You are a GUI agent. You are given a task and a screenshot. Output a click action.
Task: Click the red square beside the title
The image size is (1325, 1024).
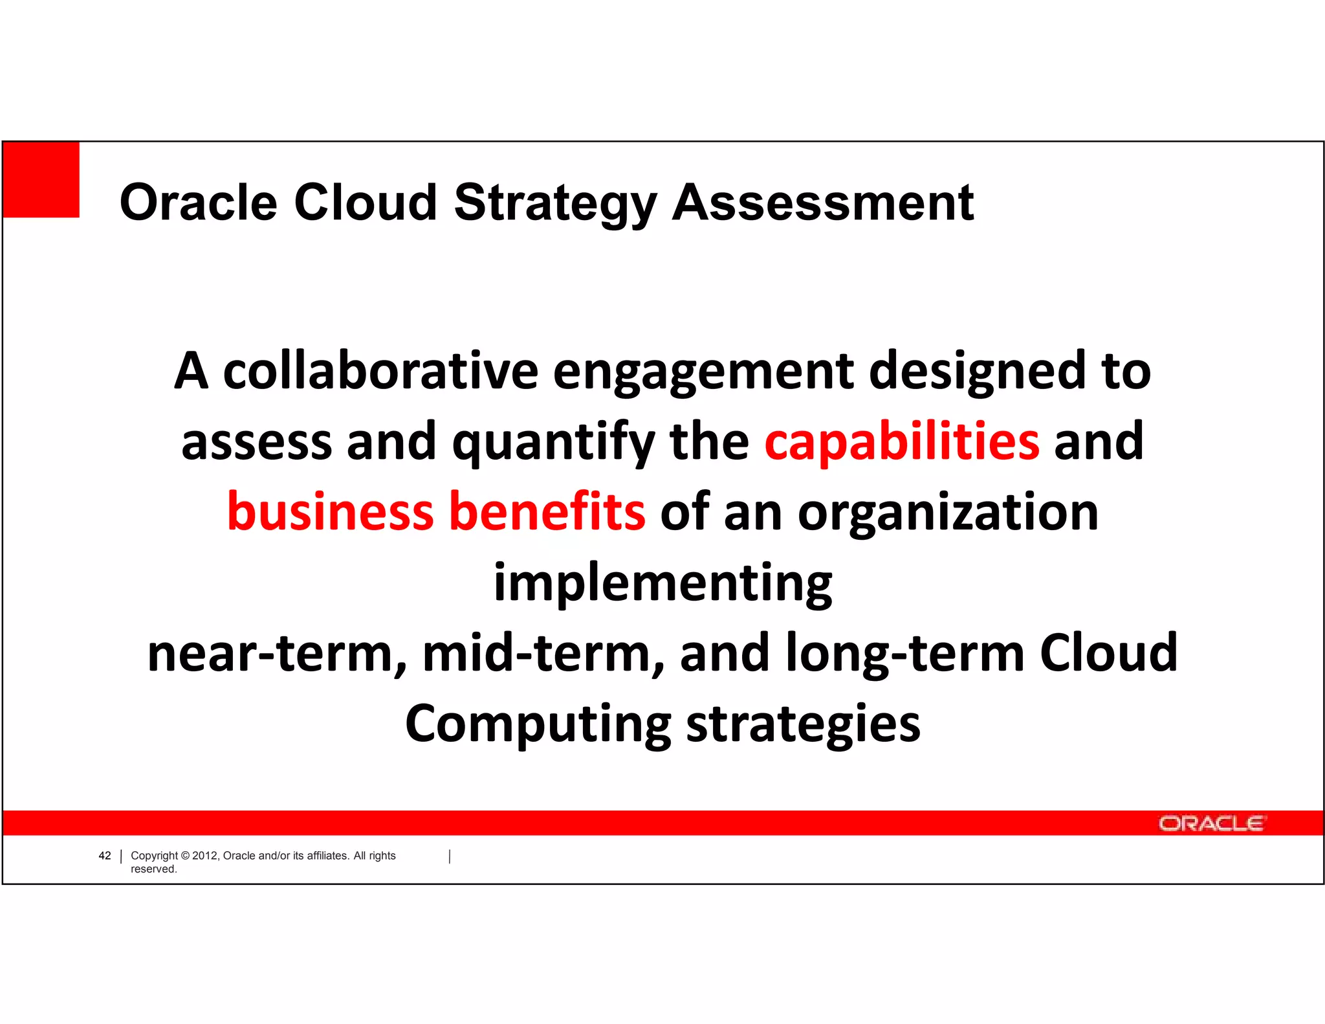point(41,179)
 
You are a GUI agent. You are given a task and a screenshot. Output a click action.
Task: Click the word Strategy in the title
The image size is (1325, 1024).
point(555,203)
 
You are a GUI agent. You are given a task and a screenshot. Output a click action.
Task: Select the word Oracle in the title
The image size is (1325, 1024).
point(198,203)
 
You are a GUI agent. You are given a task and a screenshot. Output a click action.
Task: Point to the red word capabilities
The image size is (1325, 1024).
point(902,442)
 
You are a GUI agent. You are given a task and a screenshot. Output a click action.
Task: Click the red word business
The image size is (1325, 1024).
point(330,512)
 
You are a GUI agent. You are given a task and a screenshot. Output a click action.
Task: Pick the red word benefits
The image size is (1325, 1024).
point(547,512)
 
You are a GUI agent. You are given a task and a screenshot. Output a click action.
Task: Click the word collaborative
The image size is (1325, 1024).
point(380,372)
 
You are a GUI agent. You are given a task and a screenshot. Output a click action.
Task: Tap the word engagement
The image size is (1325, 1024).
point(703,372)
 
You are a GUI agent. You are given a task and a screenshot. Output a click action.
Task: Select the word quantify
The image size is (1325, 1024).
point(553,442)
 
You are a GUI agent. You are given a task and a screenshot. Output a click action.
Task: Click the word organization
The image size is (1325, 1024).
point(948,512)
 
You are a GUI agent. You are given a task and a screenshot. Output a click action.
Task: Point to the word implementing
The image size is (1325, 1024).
point(662,583)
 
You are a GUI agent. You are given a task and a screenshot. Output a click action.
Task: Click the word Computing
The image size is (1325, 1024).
point(538,724)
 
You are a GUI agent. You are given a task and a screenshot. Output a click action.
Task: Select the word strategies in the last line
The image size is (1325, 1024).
point(803,724)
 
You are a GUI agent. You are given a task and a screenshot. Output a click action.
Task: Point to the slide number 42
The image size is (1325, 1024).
point(105,856)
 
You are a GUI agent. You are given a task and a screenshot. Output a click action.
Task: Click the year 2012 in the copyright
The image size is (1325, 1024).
point(205,856)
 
